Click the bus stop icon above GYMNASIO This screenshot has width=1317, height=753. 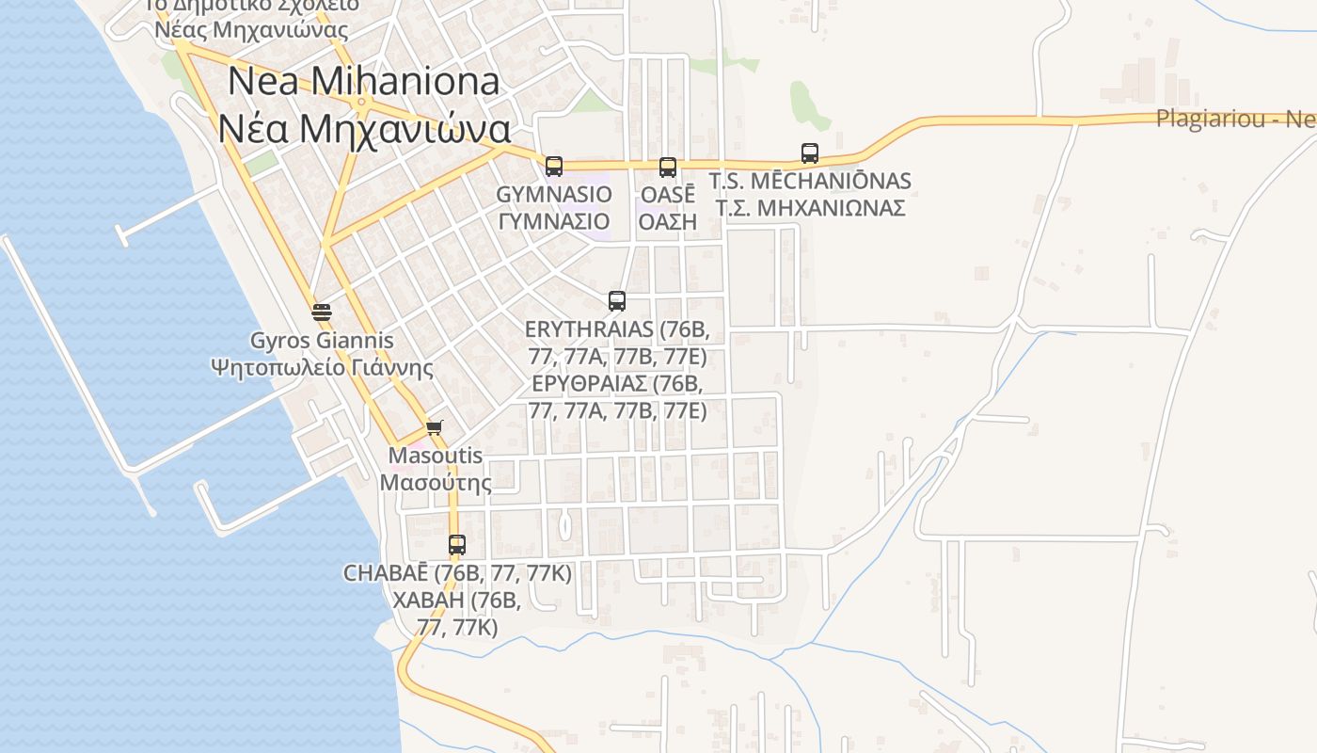tap(554, 167)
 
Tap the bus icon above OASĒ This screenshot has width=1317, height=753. tap(668, 168)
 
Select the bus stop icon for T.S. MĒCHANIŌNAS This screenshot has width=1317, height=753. tap(810, 152)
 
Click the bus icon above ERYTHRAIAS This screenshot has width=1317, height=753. tap(617, 301)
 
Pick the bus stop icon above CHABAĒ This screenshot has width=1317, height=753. tap(457, 545)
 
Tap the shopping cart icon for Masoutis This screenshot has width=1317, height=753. tap(434, 428)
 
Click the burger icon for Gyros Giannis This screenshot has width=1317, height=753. tap(322, 312)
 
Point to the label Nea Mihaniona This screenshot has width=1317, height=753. tap(364, 82)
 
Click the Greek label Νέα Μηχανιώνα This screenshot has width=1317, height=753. tap(364, 129)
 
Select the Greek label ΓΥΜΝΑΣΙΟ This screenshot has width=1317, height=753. tap(554, 222)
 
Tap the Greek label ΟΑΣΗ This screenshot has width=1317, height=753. tap(668, 222)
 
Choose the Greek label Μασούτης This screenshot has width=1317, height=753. tap(436, 483)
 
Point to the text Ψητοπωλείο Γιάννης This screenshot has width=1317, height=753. tap(323, 367)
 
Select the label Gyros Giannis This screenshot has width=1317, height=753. tap(322, 340)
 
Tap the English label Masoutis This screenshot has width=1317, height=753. tap(436, 456)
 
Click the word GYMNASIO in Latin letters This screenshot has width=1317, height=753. tap(554, 194)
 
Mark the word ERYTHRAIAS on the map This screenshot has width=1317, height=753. tap(589, 329)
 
